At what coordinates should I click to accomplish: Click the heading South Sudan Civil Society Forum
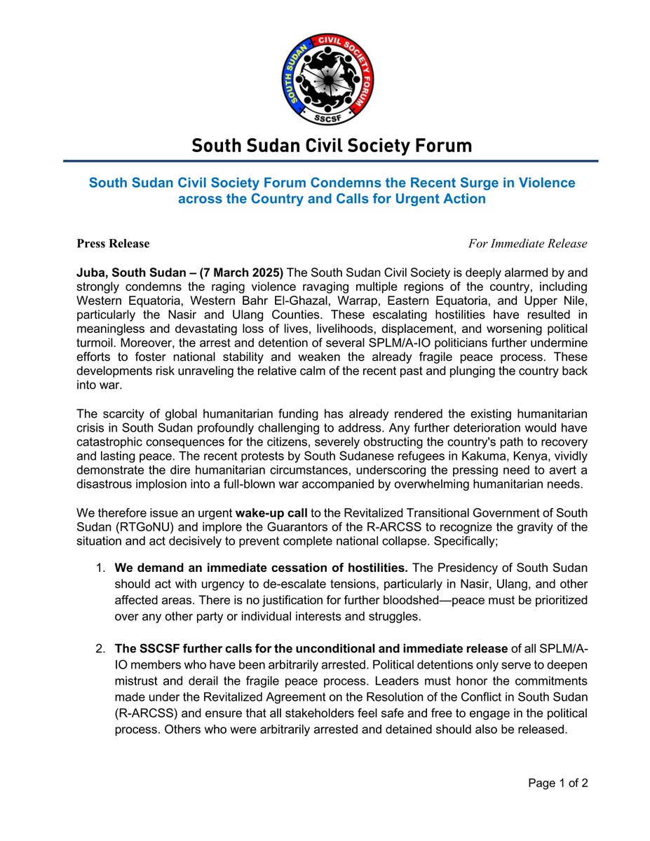(x=332, y=146)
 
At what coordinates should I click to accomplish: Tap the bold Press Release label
(x=113, y=244)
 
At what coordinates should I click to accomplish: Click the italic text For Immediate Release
(x=527, y=244)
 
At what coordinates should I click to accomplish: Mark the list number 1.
(x=101, y=567)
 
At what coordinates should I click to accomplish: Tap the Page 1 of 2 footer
(x=558, y=783)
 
